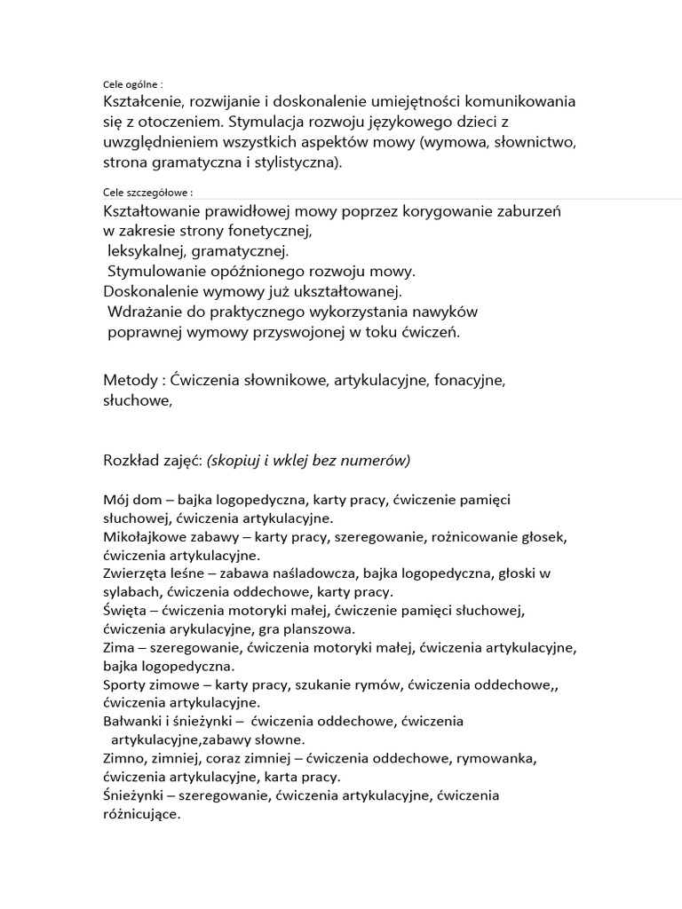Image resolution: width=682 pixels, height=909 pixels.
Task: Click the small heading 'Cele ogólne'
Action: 131,85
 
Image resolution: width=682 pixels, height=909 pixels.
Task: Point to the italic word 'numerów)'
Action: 379,460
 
